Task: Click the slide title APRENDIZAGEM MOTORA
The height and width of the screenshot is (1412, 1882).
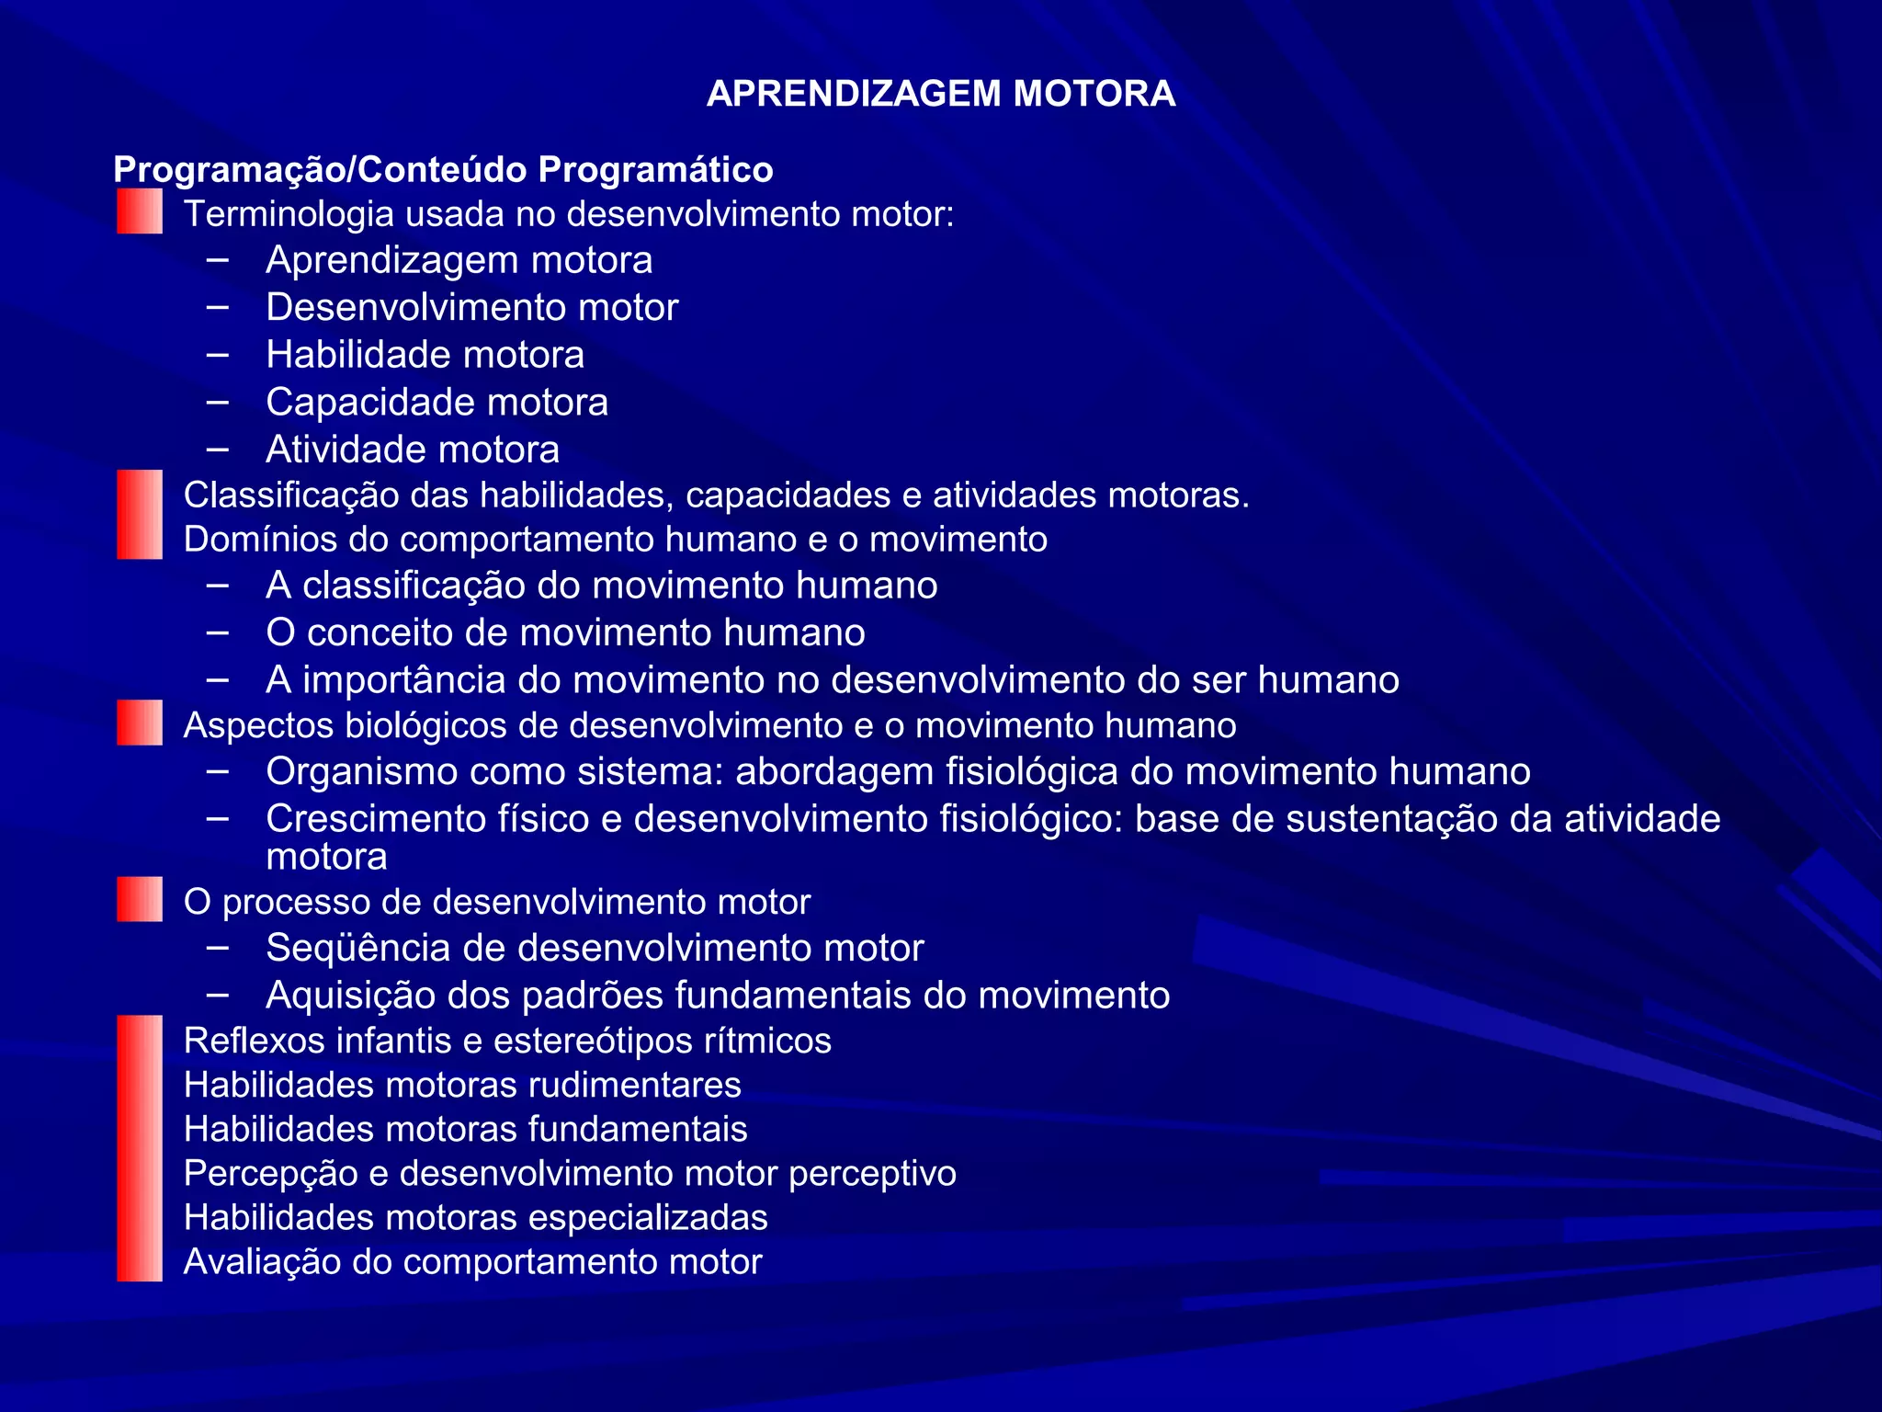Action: [940, 94]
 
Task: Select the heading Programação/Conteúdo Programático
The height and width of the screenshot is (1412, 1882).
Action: [443, 170]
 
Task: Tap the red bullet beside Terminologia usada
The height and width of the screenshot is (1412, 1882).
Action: [140, 211]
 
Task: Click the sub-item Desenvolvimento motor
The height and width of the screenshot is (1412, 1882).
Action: [471, 307]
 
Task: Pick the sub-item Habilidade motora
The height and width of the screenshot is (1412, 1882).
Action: [425, 355]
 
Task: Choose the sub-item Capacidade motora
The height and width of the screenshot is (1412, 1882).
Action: [436, 403]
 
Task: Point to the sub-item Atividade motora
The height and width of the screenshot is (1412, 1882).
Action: [413, 450]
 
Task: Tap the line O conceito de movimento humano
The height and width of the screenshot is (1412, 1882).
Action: [565, 632]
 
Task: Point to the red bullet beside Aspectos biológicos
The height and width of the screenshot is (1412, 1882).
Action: [140, 723]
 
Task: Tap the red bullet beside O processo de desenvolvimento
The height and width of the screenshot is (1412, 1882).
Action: [140, 899]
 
